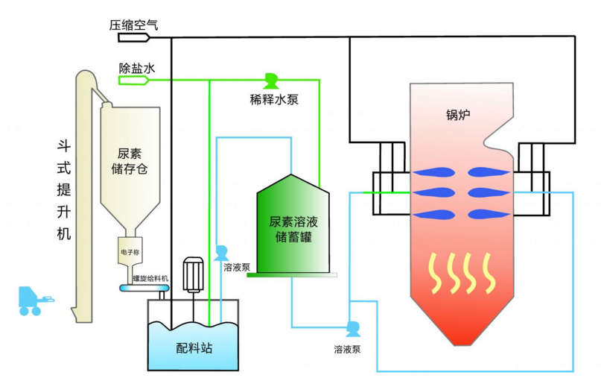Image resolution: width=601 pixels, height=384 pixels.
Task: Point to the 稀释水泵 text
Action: point(274,98)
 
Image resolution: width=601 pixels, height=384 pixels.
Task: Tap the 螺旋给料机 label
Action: point(151,278)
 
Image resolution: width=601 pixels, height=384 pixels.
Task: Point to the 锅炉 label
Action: point(460,116)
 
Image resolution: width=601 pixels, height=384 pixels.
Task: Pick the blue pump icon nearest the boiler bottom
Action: point(352,328)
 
